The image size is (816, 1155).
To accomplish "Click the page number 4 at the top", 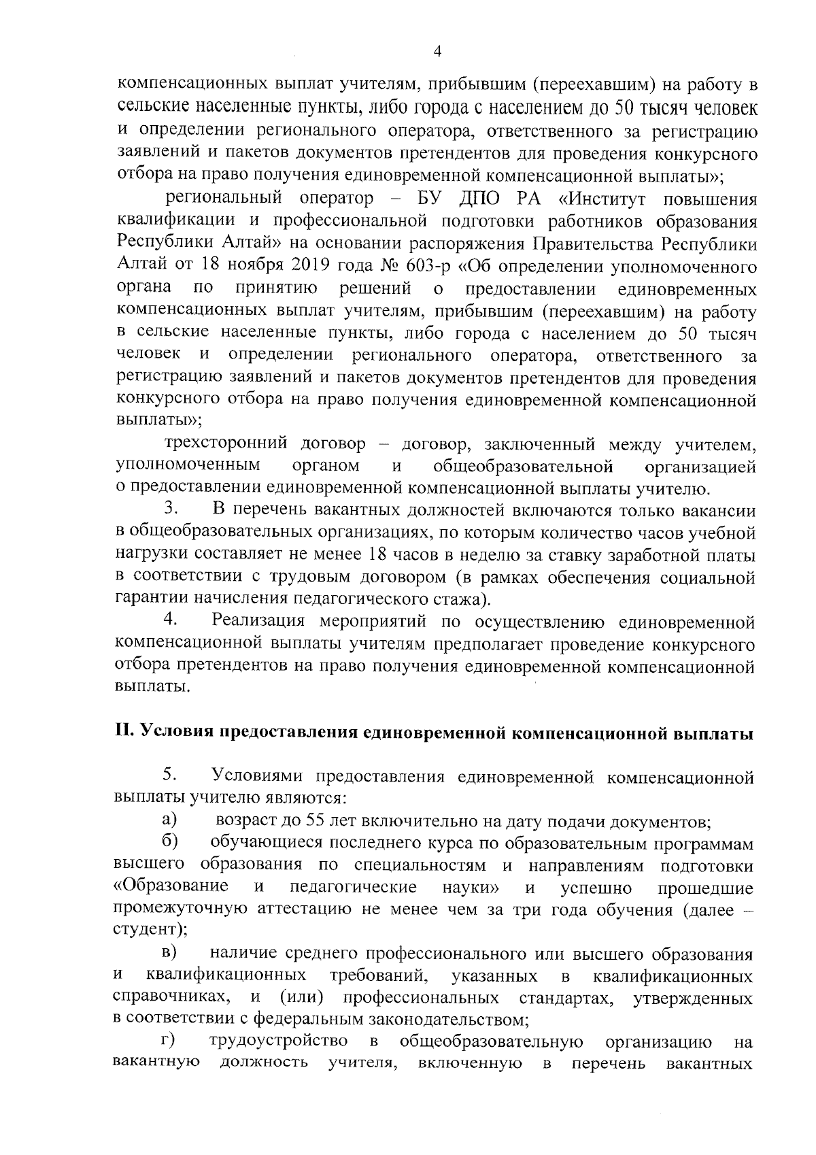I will pos(437,52).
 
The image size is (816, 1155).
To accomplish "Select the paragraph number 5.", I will pos(170,775).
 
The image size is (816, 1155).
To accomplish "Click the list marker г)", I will pos(168,1041).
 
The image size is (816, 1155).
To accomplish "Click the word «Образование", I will pos(171,887).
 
